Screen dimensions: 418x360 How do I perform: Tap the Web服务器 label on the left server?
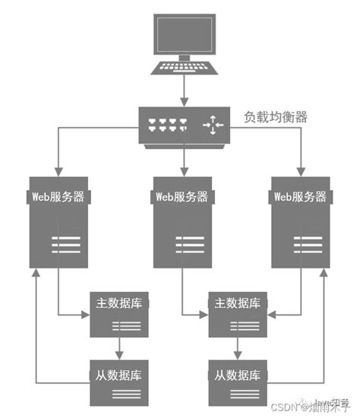[60, 196]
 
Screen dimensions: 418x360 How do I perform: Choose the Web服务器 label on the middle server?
[184, 196]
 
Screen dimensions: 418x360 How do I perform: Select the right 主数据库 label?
[237, 302]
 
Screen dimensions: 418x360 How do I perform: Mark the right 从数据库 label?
[237, 375]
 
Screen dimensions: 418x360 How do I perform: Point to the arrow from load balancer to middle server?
[183, 160]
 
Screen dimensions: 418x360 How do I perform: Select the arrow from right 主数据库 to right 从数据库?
[237, 348]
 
